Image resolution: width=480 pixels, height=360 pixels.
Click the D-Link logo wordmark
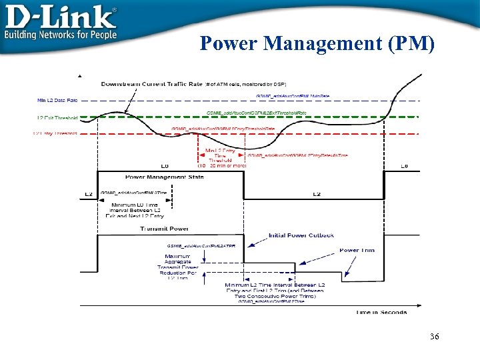(x=60, y=17)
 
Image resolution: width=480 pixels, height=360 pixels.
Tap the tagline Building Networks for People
(x=61, y=35)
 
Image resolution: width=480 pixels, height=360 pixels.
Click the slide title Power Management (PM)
(x=317, y=43)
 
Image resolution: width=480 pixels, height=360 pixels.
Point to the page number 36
(x=434, y=337)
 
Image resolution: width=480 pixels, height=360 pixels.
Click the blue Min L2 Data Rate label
(x=57, y=100)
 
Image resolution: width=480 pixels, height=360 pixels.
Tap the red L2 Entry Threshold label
(x=55, y=133)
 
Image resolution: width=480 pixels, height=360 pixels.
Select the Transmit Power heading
(x=159, y=228)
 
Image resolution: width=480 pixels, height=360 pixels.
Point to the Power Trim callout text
(x=357, y=251)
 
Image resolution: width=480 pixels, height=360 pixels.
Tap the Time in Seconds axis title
(x=381, y=312)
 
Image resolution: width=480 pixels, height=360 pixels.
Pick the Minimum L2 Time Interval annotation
(x=274, y=291)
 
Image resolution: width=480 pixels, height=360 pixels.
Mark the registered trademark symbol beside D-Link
(x=113, y=10)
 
